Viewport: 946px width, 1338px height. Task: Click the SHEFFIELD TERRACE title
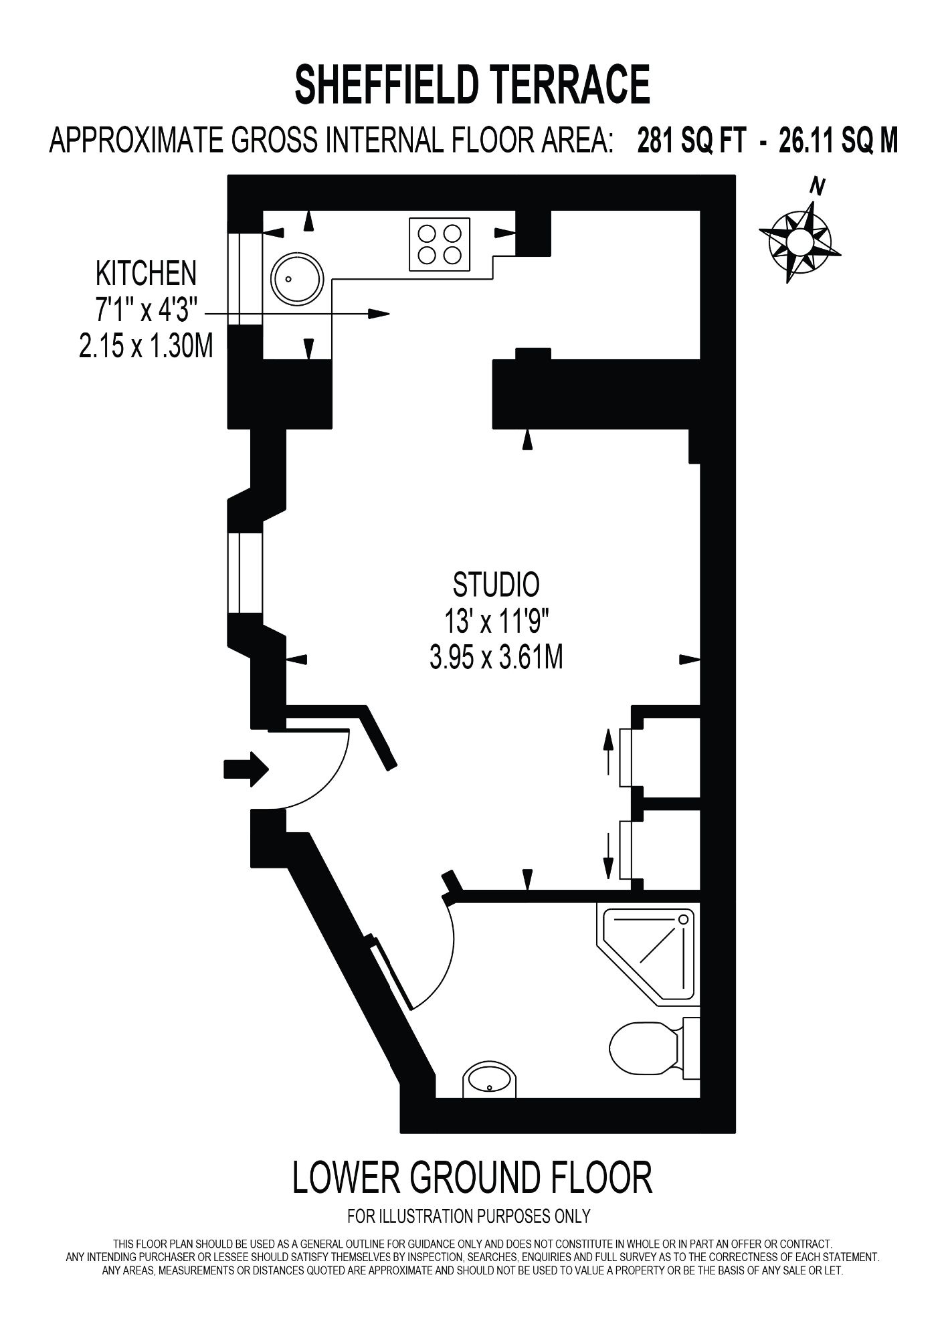coord(472,84)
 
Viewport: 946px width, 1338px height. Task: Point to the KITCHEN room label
coord(147,273)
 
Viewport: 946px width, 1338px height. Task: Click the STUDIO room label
coord(496,585)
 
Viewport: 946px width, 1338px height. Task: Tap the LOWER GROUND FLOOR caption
coord(472,1179)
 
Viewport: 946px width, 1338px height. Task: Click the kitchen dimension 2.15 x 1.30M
coord(146,347)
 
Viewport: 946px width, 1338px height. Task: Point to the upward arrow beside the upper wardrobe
coord(608,751)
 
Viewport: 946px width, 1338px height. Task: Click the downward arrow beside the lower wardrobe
coord(608,856)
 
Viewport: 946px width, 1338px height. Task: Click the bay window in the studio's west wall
coord(245,573)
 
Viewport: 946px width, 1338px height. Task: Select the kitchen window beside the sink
coord(245,279)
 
